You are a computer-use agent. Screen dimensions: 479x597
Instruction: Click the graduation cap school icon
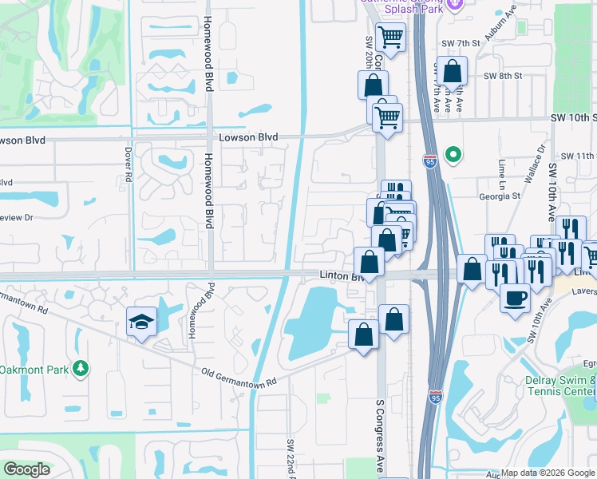141,323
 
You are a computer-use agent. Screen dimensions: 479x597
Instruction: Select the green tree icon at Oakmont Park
80,368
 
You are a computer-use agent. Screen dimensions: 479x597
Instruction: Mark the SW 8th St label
502,76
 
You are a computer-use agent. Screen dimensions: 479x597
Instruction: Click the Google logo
26,469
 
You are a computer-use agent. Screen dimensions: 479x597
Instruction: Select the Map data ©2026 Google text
548,473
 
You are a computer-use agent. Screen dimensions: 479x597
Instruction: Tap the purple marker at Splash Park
456,4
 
